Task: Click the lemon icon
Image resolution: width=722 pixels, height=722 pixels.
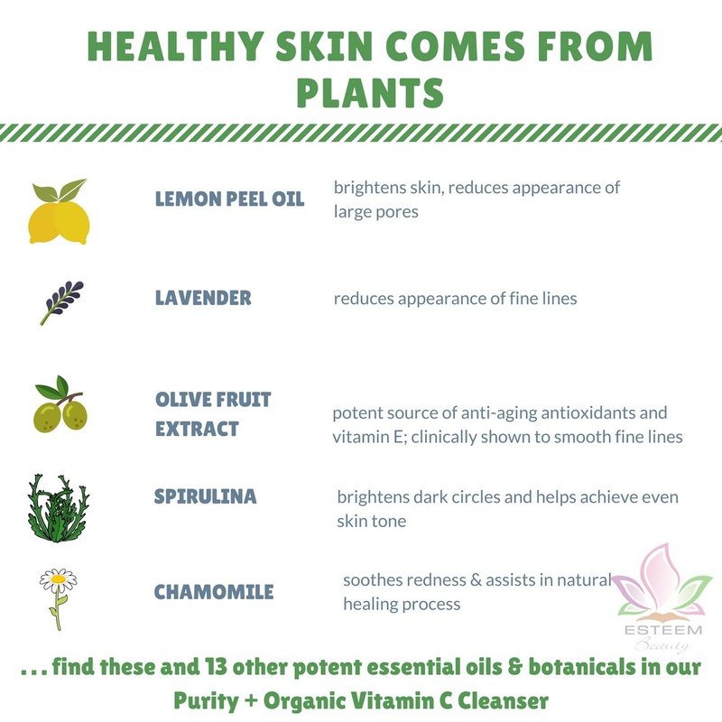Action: (59, 212)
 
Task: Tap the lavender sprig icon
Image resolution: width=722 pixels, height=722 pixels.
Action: (61, 302)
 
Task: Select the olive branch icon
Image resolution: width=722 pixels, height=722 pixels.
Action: (60, 404)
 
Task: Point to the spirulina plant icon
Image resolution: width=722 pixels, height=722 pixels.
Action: (59, 508)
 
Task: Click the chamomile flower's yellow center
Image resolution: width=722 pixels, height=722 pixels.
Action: (58, 578)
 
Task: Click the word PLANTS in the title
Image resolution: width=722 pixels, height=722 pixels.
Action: (370, 93)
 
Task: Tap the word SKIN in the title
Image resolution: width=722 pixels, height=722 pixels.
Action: (324, 46)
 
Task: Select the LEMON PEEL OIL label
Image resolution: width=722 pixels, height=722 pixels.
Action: (229, 199)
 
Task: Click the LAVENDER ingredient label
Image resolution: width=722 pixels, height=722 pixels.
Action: (203, 298)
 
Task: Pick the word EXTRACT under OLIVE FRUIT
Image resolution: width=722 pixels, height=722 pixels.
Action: (197, 429)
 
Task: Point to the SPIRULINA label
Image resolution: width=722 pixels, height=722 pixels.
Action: (205, 496)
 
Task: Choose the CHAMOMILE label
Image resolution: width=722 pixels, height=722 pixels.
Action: (214, 592)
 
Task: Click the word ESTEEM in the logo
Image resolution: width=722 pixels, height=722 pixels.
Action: (663, 630)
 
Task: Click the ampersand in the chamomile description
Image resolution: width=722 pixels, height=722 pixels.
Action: (476, 580)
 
